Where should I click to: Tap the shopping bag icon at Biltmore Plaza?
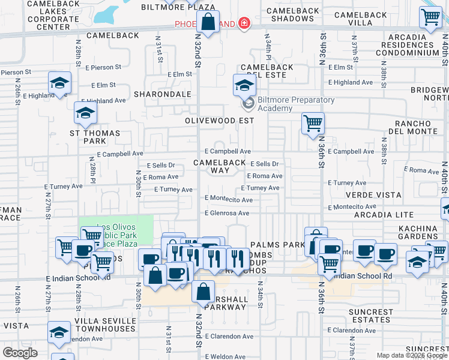click(x=207, y=23)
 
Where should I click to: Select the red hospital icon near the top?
click(x=244, y=23)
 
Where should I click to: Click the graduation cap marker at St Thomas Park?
click(x=85, y=112)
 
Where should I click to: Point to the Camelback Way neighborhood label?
click(x=220, y=166)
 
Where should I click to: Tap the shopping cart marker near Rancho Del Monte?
click(x=313, y=124)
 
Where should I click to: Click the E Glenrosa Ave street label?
click(x=227, y=213)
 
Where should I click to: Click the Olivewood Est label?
click(x=219, y=120)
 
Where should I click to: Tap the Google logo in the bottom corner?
click(x=20, y=353)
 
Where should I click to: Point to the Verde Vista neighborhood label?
click(x=372, y=195)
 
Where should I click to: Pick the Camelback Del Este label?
click(x=267, y=71)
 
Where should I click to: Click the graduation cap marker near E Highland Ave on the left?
click(x=59, y=82)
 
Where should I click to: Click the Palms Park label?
click(x=278, y=245)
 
